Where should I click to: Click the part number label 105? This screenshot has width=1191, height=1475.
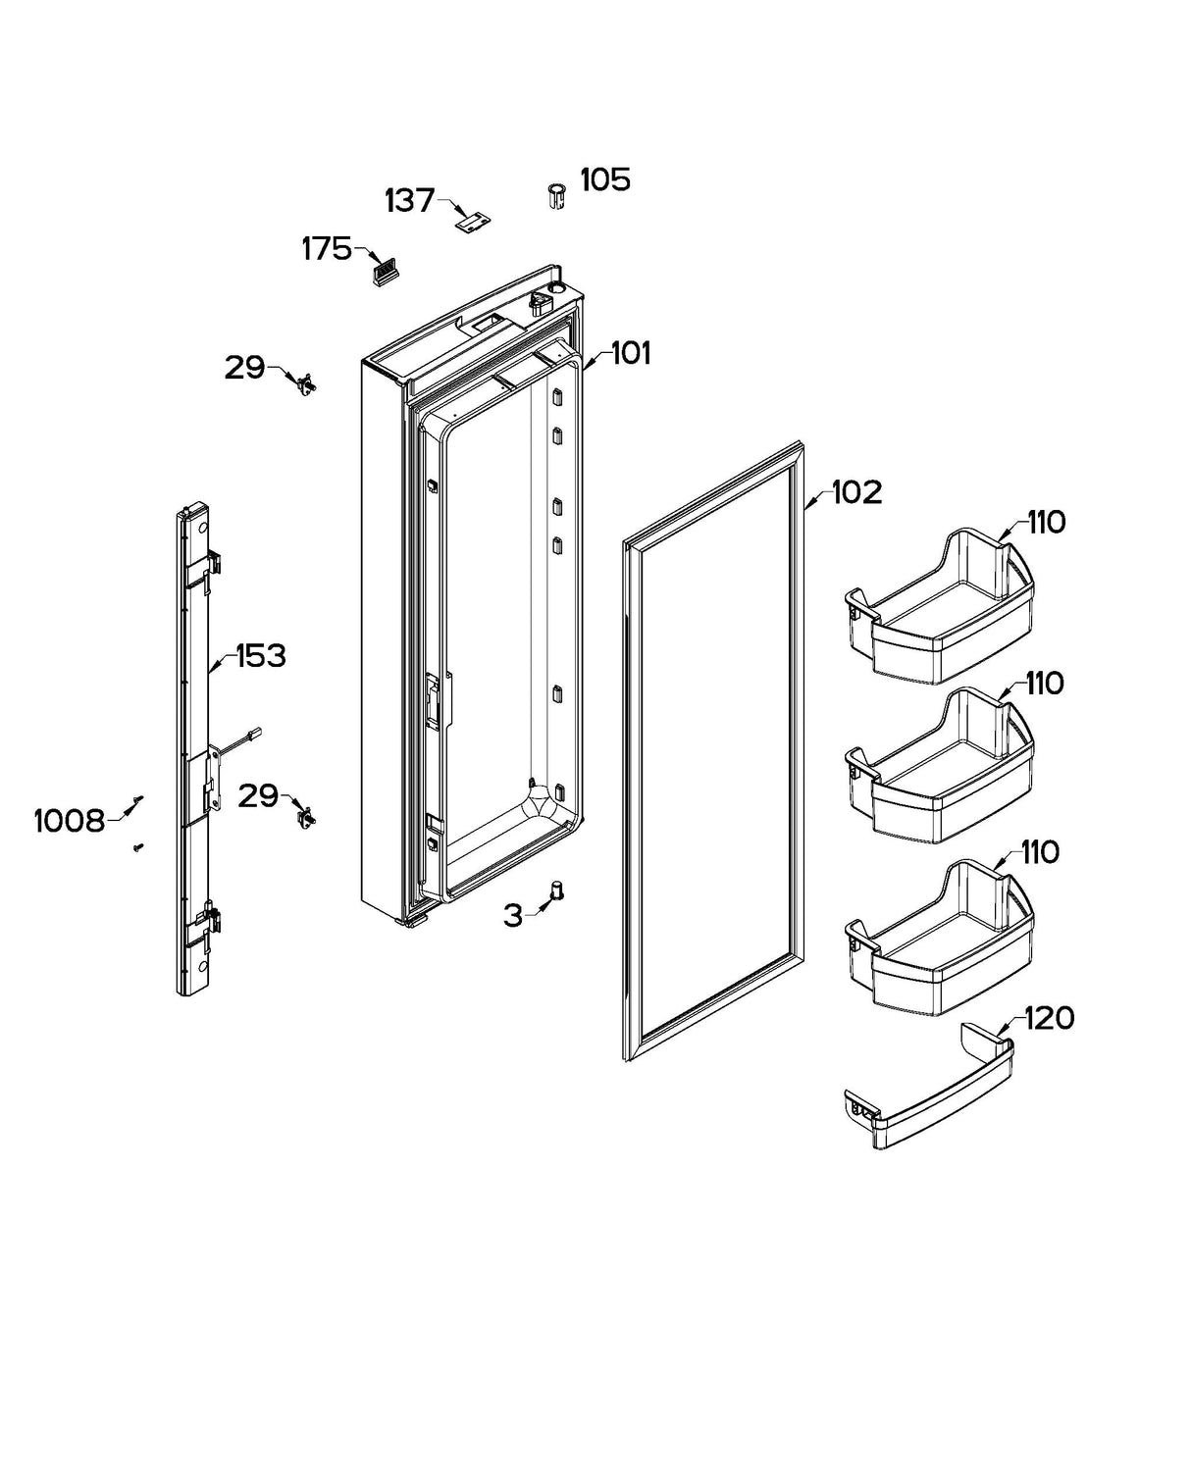click(605, 180)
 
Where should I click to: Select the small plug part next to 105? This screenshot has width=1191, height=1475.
click(556, 196)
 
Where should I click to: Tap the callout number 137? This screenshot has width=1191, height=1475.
click(409, 201)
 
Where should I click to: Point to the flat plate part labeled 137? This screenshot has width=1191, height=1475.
click(473, 223)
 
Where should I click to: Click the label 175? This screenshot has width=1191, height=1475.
click(327, 250)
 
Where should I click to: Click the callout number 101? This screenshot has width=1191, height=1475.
click(631, 354)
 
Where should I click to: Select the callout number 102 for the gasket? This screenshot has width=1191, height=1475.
click(856, 492)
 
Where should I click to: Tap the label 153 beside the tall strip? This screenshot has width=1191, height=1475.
click(260, 656)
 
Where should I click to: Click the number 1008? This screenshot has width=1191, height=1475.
click(69, 821)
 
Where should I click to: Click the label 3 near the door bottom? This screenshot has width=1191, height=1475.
click(513, 917)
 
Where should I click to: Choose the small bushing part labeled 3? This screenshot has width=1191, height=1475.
click(557, 891)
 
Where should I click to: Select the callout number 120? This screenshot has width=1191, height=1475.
click(1049, 1019)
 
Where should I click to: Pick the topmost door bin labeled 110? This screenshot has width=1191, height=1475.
click(937, 608)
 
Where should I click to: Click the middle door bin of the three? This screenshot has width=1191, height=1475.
click(937, 770)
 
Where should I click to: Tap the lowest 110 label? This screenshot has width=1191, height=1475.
click(1040, 853)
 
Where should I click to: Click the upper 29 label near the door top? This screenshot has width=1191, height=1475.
click(244, 368)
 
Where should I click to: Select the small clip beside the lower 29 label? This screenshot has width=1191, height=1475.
click(306, 814)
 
